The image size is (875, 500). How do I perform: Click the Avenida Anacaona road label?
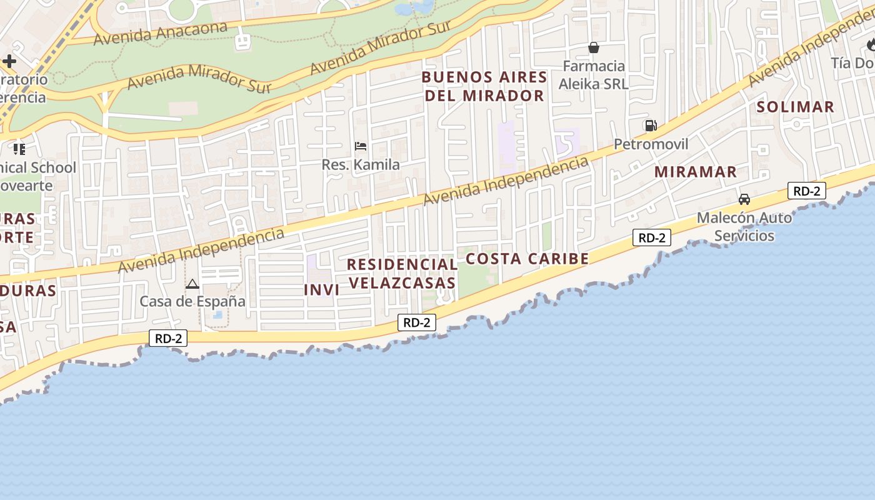160,33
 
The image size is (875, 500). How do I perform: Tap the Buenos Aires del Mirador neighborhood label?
484,86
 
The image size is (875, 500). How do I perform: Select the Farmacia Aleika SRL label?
593,75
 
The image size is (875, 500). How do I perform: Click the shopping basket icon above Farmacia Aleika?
593,47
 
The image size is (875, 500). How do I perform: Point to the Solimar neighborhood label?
795,107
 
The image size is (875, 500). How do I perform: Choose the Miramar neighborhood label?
696,172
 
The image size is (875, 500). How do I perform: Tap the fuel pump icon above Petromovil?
651,126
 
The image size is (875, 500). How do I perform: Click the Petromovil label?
651,144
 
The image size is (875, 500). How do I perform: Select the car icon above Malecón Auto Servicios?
744,199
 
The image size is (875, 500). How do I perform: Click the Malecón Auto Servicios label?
744,227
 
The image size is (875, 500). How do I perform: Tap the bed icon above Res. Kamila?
361,146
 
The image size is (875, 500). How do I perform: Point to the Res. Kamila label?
361,165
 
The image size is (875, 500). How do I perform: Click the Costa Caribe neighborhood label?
527,259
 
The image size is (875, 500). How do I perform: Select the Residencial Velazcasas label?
402,274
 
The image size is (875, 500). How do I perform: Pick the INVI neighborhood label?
321,290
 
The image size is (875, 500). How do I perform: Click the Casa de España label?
192,301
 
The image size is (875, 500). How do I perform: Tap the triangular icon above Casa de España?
192,284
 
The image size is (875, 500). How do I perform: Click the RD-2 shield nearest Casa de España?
168,338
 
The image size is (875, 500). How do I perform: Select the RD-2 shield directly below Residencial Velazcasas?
416,322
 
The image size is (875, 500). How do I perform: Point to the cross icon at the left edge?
9,61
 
